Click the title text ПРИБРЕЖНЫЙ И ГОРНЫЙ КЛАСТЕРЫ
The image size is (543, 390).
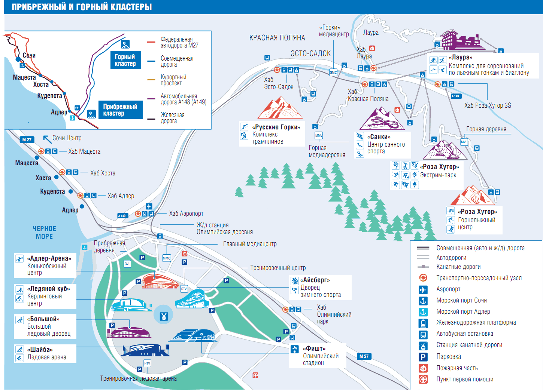pyautogui.click(x=82, y=7)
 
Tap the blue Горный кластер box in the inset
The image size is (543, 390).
pyautogui.click(x=125, y=60)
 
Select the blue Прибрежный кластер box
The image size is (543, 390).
pyautogui.click(x=120, y=110)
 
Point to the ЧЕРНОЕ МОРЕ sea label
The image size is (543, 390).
pyautogui.click(x=44, y=232)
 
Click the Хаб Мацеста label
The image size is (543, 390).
pyautogui.click(x=84, y=151)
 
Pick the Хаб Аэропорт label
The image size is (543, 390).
pyautogui.click(x=186, y=214)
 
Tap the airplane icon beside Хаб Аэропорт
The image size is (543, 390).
pyautogui.click(x=149, y=206)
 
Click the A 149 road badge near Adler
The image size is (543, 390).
pyautogui.click(x=122, y=216)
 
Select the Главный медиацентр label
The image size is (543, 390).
pyautogui.click(x=250, y=244)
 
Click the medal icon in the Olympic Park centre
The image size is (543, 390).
pyautogui.click(x=164, y=316)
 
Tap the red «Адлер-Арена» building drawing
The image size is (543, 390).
pyautogui.click(x=160, y=281)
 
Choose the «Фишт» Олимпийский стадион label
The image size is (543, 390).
pyautogui.click(x=321, y=356)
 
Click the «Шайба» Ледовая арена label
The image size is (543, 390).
pyautogui.click(x=46, y=353)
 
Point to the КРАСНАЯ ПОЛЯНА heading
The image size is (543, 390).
pyautogui.click(x=277, y=38)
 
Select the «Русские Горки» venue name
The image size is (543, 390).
pyautogui.click(x=276, y=127)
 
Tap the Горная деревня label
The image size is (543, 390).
pyautogui.click(x=486, y=129)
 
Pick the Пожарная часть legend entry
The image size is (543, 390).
pyautogui.click(x=457, y=368)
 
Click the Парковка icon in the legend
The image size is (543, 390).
pyautogui.click(x=423, y=357)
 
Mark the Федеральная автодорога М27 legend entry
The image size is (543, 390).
pyautogui.click(x=179, y=42)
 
